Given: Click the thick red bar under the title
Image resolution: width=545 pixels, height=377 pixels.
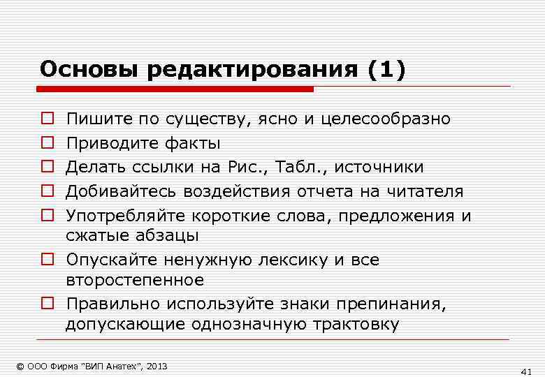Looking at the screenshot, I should tap(175, 89).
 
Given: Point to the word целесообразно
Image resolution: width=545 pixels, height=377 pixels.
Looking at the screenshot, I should tap(386, 119).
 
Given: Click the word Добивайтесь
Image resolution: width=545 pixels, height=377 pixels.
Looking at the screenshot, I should tap(122, 191).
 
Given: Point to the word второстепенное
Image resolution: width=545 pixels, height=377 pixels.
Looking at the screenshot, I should tap(135, 280).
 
